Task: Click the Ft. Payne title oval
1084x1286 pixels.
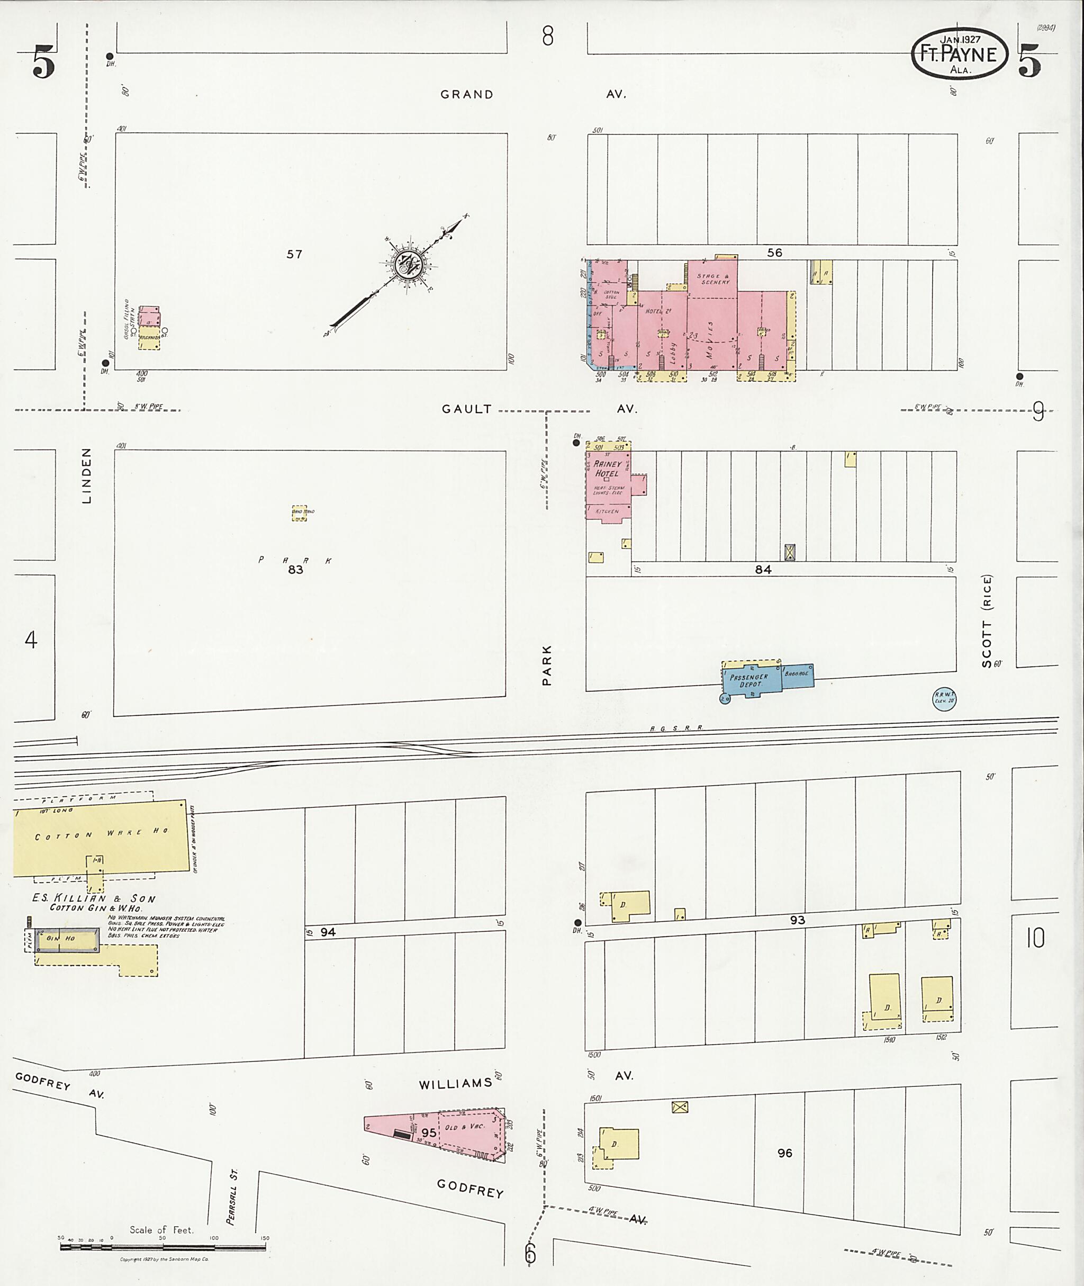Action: tap(959, 53)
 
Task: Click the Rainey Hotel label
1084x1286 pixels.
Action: tap(607, 469)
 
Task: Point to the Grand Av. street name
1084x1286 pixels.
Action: tap(467, 95)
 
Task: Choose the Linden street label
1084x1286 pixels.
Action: tap(87, 476)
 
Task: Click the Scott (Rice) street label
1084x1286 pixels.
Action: tap(987, 621)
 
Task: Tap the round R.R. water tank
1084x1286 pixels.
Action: tap(944, 699)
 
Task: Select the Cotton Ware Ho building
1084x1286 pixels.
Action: tap(102, 836)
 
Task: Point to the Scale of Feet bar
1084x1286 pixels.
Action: tap(163, 1247)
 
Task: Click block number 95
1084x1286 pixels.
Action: tap(429, 1132)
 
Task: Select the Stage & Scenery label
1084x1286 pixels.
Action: tap(715, 279)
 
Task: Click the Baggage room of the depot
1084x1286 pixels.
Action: tap(797, 674)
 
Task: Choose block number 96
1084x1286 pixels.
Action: tap(785, 1153)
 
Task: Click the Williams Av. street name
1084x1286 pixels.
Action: tap(455, 1084)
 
